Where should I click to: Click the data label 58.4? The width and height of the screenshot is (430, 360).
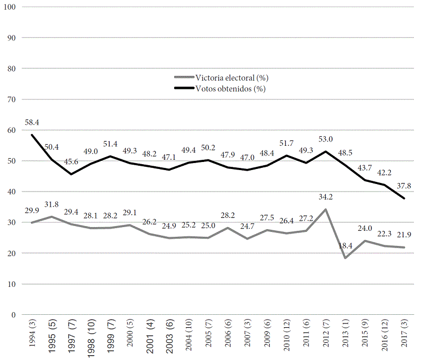tap(32, 123)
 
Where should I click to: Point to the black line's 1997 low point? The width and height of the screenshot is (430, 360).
tap(71, 174)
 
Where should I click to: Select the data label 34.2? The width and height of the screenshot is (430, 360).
tap(326, 198)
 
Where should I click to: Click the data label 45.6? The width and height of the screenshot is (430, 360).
tap(71, 162)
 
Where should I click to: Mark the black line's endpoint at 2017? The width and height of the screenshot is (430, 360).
tap(404, 199)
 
